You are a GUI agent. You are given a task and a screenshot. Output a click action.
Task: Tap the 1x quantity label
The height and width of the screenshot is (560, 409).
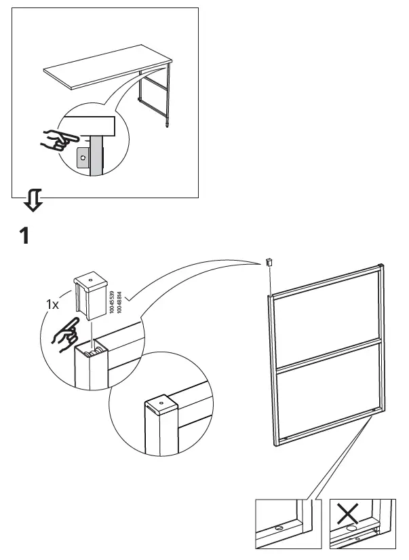[52, 305]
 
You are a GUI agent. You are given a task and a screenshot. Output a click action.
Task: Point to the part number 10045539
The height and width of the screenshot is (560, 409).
[111, 301]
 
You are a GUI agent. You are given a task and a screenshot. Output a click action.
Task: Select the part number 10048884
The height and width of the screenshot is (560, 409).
[119, 301]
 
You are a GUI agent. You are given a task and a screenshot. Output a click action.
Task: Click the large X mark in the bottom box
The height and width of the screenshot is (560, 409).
[349, 514]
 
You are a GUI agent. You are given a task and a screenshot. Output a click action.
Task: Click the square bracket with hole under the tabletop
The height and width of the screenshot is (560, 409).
[83, 157]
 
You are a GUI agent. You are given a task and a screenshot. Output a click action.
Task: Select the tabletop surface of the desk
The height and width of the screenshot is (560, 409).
[102, 72]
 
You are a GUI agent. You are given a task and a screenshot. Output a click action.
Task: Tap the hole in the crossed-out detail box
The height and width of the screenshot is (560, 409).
[351, 527]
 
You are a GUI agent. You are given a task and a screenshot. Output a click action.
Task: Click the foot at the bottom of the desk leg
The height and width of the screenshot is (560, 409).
[166, 125]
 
